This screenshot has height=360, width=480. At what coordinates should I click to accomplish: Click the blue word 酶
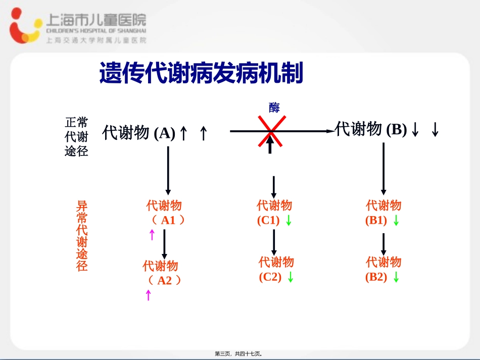pyautogui.click(x=274, y=107)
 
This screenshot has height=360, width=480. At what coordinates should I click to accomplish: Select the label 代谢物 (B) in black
pyautogui.click(x=371, y=130)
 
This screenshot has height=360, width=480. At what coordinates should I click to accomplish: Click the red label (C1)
pyautogui.click(x=268, y=220)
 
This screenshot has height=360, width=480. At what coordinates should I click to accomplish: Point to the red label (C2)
pyautogui.click(x=270, y=277)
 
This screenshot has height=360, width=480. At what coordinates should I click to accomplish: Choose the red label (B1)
pyautogui.click(x=376, y=220)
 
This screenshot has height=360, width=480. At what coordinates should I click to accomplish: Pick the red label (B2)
pyautogui.click(x=376, y=277)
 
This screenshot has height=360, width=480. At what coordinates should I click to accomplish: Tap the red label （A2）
pyautogui.click(x=165, y=280)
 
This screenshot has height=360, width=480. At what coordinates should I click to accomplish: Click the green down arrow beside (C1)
pyautogui.click(x=289, y=221)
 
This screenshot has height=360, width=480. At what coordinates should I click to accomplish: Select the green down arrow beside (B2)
pyautogui.click(x=396, y=277)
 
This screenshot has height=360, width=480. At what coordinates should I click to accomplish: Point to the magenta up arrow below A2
pyautogui.click(x=148, y=295)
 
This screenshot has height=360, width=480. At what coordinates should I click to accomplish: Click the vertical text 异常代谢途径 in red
pyautogui.click(x=82, y=236)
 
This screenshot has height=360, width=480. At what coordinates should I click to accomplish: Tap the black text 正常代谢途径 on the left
pyautogui.click(x=76, y=137)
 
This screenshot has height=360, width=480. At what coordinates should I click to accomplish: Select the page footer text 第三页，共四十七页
pyautogui.click(x=239, y=354)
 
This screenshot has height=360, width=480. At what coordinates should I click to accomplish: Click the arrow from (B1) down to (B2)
pyautogui.click(x=383, y=244)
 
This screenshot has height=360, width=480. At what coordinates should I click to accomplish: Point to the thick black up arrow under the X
pyautogui.click(x=270, y=145)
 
